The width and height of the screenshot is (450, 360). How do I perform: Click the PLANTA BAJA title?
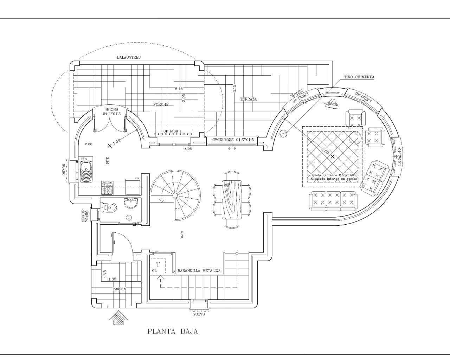173,331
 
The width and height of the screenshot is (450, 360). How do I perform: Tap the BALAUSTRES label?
129,57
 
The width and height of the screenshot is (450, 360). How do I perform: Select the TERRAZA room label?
248,99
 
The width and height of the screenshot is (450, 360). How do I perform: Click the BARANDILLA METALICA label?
199,271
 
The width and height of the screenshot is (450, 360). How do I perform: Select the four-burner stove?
107,188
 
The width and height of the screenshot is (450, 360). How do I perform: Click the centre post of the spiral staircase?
175,195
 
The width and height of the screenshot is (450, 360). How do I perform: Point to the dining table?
232,199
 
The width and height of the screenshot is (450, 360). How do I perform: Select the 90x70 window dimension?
199,314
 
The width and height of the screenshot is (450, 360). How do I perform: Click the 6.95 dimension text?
188,149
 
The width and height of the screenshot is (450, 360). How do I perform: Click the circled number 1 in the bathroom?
129,218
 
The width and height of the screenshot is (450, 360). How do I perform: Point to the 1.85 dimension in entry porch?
112,279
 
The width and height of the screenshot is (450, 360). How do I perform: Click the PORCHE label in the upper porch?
161,104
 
